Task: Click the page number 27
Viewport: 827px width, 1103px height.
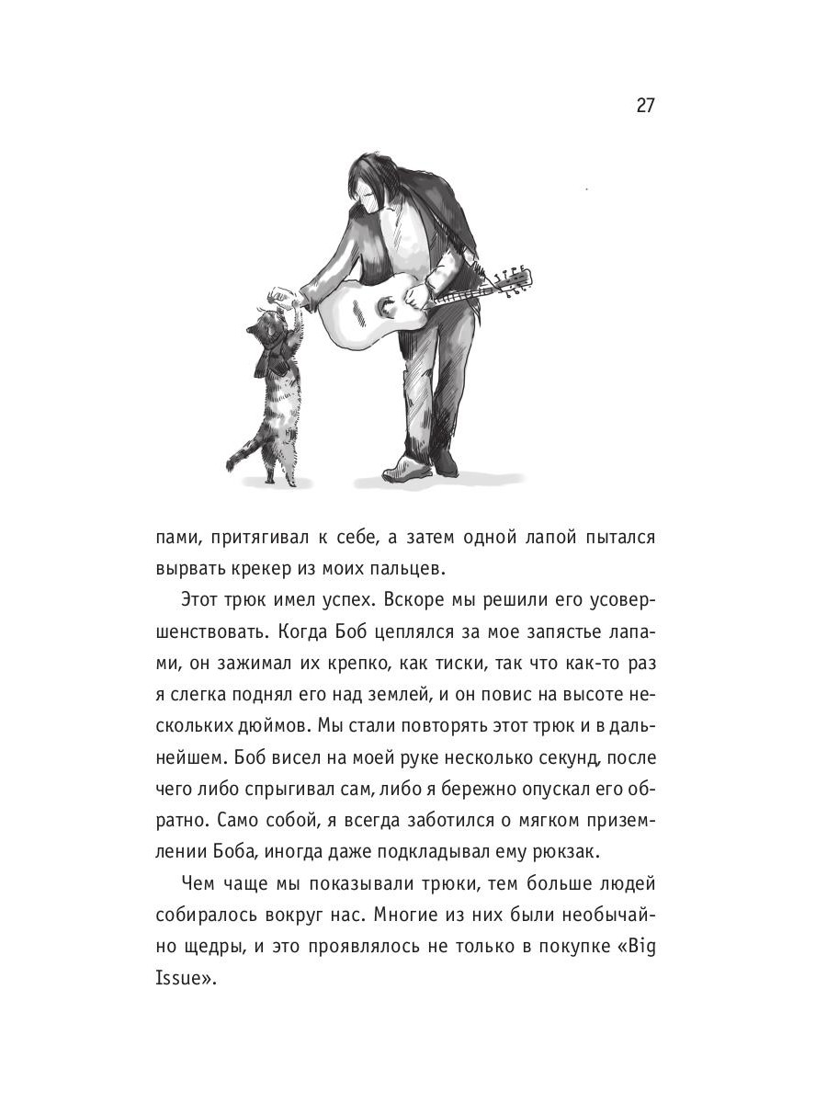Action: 644,105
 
